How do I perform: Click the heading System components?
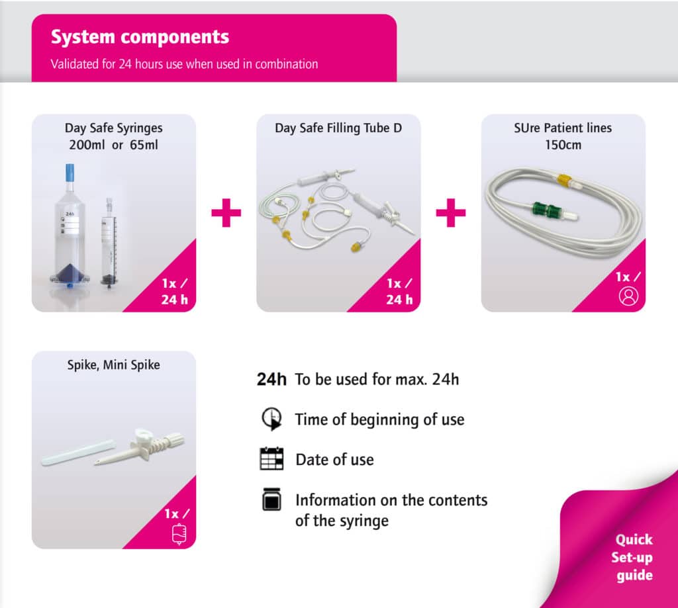click(x=140, y=37)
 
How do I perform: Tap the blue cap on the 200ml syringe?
click(x=70, y=173)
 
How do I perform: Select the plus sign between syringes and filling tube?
click(x=226, y=212)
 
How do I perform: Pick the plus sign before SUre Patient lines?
click(x=450, y=212)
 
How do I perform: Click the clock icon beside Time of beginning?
click(x=272, y=418)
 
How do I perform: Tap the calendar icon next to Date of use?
click(x=272, y=458)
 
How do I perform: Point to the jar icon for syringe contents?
click(x=272, y=499)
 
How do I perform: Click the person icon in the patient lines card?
click(x=628, y=296)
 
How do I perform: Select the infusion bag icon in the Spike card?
click(x=179, y=534)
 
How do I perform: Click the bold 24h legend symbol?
click(x=271, y=379)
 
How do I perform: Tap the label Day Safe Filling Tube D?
click(x=338, y=128)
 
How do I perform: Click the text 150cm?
click(x=563, y=145)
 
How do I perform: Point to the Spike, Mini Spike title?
click(x=114, y=365)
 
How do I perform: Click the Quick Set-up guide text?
click(x=632, y=558)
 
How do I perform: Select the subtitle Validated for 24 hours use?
click(x=184, y=64)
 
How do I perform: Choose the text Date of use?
click(x=334, y=459)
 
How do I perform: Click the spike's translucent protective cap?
click(x=78, y=452)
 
